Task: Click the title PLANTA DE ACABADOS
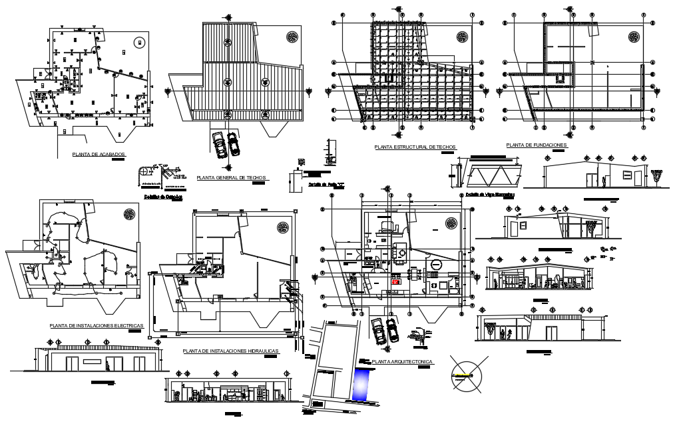99,154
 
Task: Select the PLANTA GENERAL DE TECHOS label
232,178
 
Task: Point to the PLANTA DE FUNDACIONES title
536,145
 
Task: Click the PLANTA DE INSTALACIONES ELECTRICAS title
96,325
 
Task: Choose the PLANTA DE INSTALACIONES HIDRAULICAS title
230,350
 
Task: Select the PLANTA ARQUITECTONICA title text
403,361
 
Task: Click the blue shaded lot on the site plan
361,385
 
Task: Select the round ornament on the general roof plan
291,36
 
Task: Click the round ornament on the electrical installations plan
129,213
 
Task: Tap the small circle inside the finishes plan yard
138,43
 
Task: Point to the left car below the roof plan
218,143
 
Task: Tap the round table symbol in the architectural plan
435,265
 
